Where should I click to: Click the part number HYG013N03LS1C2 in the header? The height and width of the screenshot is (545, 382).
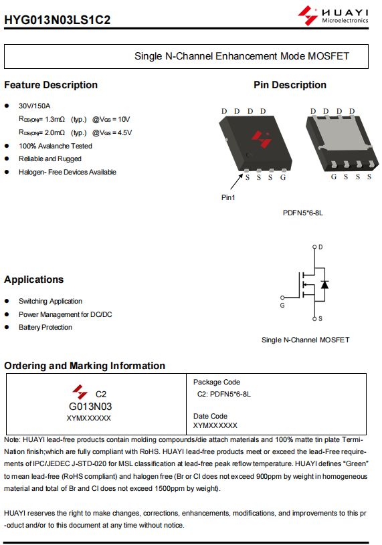[x=58, y=19]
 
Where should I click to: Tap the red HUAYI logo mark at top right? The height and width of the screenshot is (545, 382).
[x=308, y=15]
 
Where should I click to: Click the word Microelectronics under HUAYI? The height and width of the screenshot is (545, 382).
[x=345, y=21]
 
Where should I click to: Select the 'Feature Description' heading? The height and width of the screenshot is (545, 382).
[x=51, y=85]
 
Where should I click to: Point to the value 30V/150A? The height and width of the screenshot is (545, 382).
[x=34, y=106]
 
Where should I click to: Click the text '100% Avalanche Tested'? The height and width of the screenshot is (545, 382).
[x=56, y=146]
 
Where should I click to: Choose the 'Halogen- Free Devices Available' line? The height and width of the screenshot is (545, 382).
[x=68, y=172]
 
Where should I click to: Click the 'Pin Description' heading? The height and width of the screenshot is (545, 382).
[x=290, y=85]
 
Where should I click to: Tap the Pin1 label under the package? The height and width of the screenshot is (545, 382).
[x=228, y=197]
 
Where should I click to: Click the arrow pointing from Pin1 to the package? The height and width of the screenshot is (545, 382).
[x=236, y=181]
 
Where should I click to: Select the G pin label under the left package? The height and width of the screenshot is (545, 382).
[x=283, y=177]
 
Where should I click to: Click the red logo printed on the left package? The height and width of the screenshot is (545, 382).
[x=262, y=138]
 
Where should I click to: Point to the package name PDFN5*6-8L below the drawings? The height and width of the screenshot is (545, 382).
[x=303, y=213]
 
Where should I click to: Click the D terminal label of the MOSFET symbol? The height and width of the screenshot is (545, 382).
[x=320, y=247]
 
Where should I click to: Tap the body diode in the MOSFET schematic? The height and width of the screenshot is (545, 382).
[x=324, y=284]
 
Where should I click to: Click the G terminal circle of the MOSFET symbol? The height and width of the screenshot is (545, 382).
[x=282, y=298]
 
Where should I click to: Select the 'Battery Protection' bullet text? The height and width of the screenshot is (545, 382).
[x=45, y=327]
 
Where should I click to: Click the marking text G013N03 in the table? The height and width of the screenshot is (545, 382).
[x=90, y=407]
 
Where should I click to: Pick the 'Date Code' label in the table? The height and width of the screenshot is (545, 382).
[x=210, y=416]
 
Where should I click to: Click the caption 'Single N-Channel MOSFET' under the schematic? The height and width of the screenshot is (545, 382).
[x=306, y=340]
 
